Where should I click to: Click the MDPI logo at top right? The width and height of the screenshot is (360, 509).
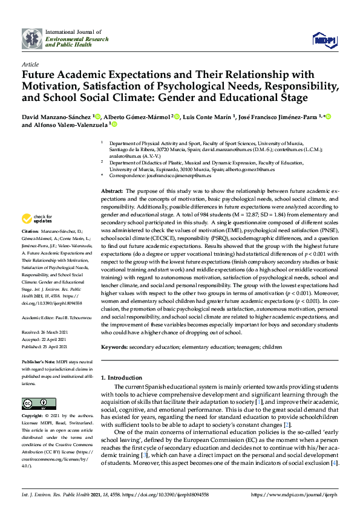[324, 39]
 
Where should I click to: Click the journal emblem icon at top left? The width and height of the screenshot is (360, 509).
[31, 38]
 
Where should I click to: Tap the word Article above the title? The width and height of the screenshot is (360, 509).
[30, 64]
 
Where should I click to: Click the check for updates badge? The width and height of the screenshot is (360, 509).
[38, 218]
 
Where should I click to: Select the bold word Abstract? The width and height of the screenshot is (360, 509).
[113, 190]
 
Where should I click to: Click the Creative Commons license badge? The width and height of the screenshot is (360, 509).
[34, 403]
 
